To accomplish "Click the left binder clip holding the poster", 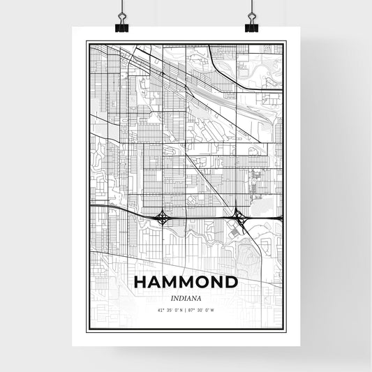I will coord(121,27).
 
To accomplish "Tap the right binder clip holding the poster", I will coord(251,27).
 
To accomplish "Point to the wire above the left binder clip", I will coord(121,8).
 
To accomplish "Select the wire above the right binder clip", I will coord(251,8).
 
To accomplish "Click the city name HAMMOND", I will coord(186,283).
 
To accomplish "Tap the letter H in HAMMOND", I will coord(140,283).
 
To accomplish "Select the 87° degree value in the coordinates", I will coord(192,309).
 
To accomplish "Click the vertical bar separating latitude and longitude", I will coord(185,309).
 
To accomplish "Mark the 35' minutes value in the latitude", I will coord(170,309).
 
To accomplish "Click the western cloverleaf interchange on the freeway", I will coord(163,217).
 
